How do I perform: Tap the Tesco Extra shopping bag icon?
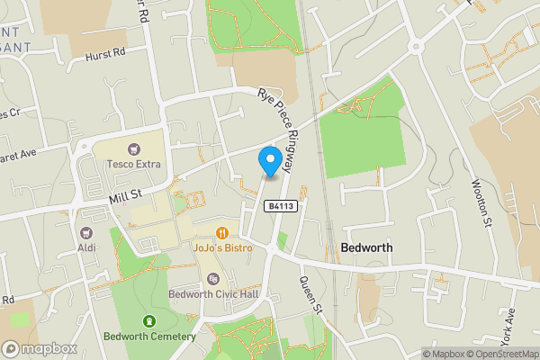pyautogui.click(x=134, y=148)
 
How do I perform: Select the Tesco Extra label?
pyautogui.click(x=134, y=164)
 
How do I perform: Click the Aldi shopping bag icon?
pyautogui.click(x=86, y=231)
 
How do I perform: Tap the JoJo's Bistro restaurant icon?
pyautogui.click(x=220, y=231)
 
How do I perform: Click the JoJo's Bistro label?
pyautogui.click(x=220, y=246)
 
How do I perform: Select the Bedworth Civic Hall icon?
pyautogui.click(x=212, y=279)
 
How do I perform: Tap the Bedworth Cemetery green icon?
pyautogui.click(x=149, y=321)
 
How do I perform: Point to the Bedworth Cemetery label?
pyautogui.click(x=149, y=337)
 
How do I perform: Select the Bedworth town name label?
pyautogui.click(x=367, y=247)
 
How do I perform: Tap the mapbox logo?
pyautogui.click(x=39, y=348)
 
